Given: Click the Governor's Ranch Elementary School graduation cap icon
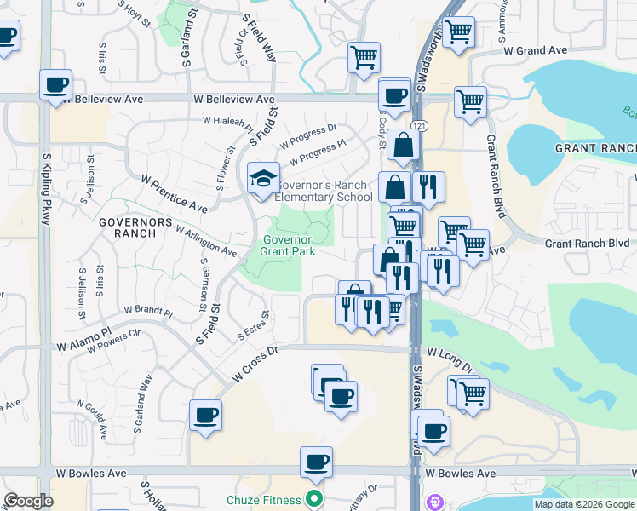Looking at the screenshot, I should pyautogui.click(x=263, y=178).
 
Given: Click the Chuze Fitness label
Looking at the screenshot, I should pyautogui.click(x=264, y=499).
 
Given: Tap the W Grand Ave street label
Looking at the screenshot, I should pyautogui.click(x=535, y=51).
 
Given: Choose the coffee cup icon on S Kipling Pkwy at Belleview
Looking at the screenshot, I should pyautogui.click(x=56, y=85).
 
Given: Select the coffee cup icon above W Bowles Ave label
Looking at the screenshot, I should pyautogui.click(x=316, y=462).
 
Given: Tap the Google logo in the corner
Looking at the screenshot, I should pyautogui.click(x=28, y=501).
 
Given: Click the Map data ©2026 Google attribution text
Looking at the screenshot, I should pyautogui.click(x=583, y=504).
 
